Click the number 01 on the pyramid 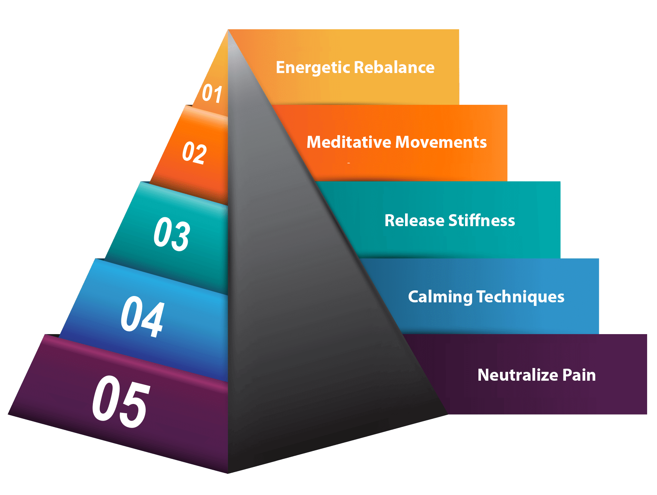pos(212,94)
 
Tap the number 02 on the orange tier pos(194,152)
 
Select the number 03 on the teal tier pos(172,234)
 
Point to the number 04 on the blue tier pos(142,316)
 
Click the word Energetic pos(313,67)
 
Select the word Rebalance pos(394,67)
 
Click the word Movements pos(441,142)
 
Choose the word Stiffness pos(482,220)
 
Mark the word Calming pos(440,297)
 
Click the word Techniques pos(520,297)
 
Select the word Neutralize pos(518,375)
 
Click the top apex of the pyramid pos(228,30)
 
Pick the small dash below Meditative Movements pos(349,163)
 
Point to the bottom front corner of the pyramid pos(228,473)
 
